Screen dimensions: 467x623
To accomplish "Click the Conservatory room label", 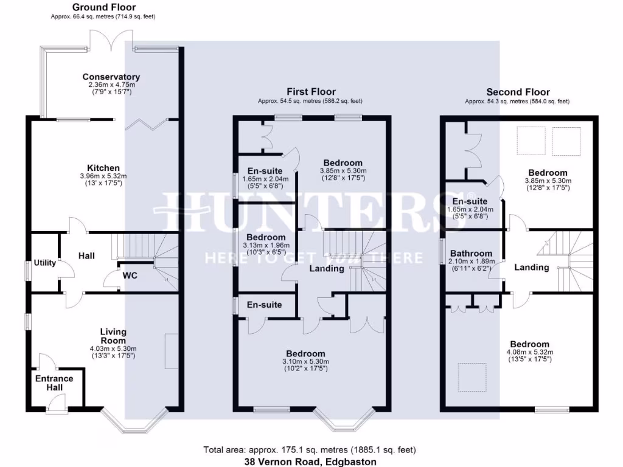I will click(111, 77).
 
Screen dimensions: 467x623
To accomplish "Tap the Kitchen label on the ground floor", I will click(103, 168).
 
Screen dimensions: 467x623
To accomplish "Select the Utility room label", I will click(44, 263).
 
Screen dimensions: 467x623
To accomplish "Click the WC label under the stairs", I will click(130, 275).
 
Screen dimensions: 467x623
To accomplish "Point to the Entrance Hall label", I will click(54, 382).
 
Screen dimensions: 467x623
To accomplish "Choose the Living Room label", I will click(113, 336).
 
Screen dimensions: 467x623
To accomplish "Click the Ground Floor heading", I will click(103, 7).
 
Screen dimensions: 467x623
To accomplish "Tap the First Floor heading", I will click(310, 91).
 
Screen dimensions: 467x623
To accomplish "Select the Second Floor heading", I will click(517, 92).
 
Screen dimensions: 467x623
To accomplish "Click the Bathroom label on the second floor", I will click(471, 254).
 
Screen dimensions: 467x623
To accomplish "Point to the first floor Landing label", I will click(327, 268).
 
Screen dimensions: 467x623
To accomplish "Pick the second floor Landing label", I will click(531, 267).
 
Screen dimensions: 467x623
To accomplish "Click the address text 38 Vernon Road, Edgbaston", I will click(310, 462).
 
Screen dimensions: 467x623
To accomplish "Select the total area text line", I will click(310, 450).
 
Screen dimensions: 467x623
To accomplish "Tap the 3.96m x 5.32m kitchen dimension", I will click(103, 176).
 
